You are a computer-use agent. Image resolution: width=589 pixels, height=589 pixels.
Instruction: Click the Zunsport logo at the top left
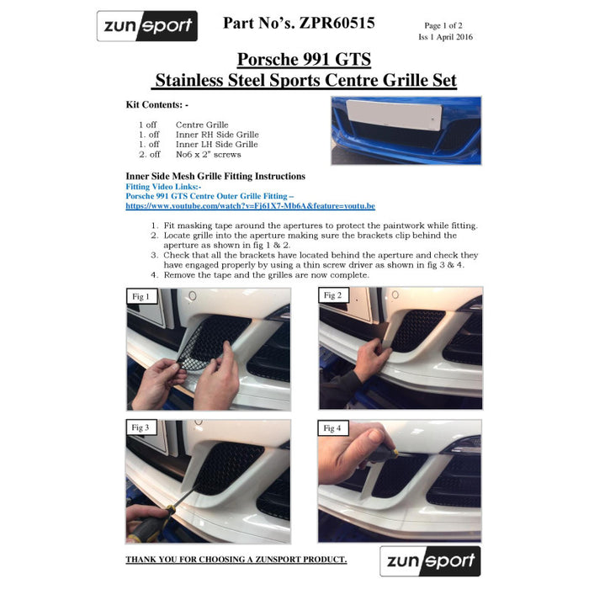(147, 26)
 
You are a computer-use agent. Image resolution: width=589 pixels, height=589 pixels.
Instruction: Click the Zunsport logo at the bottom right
(430, 560)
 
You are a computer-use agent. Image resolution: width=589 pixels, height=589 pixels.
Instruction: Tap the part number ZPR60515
(299, 23)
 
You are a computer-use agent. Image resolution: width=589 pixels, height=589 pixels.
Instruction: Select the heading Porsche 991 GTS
(304, 60)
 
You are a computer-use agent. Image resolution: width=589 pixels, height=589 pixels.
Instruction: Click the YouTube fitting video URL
(250, 205)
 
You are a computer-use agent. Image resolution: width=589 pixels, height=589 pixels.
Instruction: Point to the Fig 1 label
(141, 296)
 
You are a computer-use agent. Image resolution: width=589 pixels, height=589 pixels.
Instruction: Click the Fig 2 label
(332, 295)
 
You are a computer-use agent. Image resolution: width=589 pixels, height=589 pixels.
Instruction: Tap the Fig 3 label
(141, 427)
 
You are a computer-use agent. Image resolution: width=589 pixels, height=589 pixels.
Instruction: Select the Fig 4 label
(332, 428)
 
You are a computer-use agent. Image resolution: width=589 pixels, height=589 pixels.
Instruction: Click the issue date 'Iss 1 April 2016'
(445, 37)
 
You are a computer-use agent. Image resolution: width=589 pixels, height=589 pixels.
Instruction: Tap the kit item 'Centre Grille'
(202, 125)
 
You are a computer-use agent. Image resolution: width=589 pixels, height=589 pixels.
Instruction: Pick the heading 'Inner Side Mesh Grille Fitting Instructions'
(215, 176)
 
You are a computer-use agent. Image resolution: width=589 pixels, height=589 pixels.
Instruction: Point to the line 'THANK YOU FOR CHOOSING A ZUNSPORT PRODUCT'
(236, 560)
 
